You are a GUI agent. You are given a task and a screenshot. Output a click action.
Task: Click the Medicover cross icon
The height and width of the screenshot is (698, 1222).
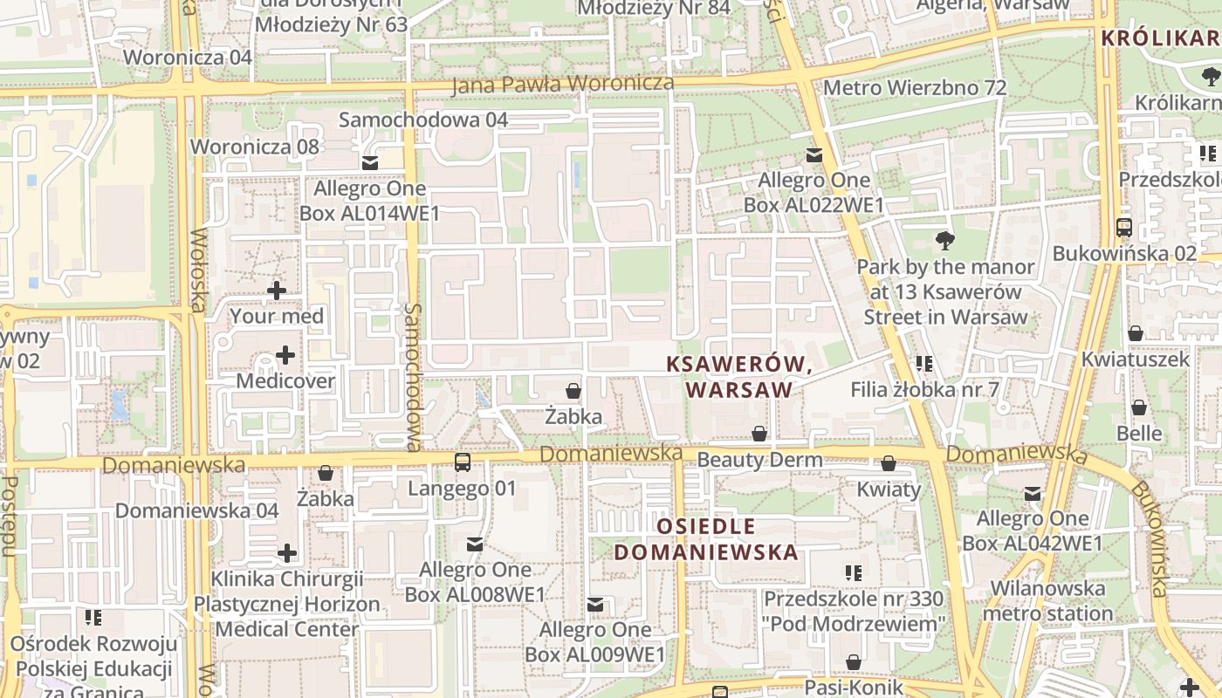285,355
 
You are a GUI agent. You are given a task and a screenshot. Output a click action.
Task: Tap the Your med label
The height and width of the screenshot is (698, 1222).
277,316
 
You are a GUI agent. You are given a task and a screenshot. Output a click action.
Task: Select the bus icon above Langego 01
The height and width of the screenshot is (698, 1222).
462,462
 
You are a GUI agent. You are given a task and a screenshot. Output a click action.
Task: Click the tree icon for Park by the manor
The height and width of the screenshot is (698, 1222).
944,240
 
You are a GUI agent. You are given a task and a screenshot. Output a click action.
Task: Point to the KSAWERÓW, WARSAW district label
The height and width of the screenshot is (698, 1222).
739,377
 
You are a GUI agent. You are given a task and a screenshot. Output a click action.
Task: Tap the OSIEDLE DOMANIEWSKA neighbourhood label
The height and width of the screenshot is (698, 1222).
705,539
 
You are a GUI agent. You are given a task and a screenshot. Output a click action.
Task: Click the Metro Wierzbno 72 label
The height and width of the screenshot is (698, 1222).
915,88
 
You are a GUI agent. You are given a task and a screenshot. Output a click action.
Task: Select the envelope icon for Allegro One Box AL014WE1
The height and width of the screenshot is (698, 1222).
370,163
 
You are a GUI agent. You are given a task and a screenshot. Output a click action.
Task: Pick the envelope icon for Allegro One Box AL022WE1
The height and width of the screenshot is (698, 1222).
814,155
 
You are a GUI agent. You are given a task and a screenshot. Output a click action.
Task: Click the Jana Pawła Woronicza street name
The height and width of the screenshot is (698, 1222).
563,84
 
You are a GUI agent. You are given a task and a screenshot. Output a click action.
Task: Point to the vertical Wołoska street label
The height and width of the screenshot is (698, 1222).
198,270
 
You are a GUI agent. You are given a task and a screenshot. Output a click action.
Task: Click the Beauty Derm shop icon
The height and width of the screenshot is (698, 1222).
759,434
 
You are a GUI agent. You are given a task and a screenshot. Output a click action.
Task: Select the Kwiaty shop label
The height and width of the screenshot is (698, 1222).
889,489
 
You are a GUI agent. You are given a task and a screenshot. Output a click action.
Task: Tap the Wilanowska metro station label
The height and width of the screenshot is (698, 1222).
1047,601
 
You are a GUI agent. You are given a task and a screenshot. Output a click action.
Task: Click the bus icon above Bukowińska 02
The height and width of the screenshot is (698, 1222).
1124,228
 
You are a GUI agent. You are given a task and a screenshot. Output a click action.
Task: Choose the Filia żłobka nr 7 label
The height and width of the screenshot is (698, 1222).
925,390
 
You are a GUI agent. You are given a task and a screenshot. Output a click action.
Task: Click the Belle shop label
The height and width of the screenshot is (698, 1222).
1139,434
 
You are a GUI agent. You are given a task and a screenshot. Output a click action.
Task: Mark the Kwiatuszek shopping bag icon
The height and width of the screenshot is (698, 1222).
1136,333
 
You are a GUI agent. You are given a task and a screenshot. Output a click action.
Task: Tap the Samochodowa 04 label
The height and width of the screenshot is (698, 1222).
423,120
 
